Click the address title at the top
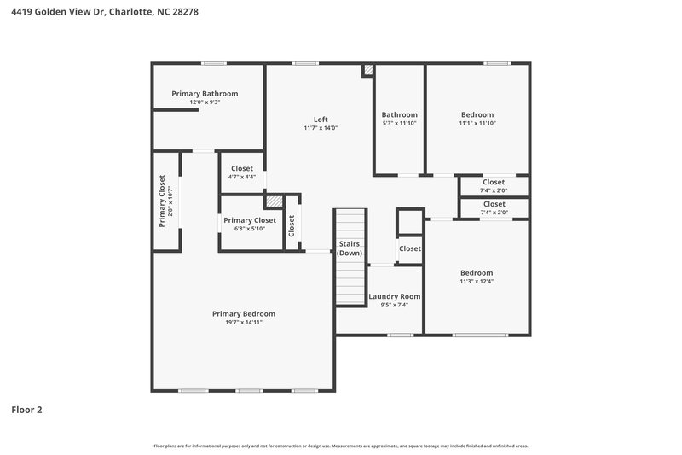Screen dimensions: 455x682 coord(100,11)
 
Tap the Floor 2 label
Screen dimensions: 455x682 coord(26,410)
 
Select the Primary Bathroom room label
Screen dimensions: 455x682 coord(205,93)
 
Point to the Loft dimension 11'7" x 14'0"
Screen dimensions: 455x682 coord(321,128)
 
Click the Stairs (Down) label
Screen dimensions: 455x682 coord(350,248)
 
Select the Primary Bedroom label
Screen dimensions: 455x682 coord(244,313)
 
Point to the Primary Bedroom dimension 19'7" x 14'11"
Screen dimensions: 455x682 coord(244,323)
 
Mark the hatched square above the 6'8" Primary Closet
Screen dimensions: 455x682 coord(273,201)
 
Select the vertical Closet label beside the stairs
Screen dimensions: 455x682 coord(292,225)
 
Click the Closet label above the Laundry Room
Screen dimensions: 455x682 coord(410,248)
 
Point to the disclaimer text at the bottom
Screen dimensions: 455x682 coord(341,446)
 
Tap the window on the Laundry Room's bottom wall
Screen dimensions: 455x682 coord(400,335)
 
